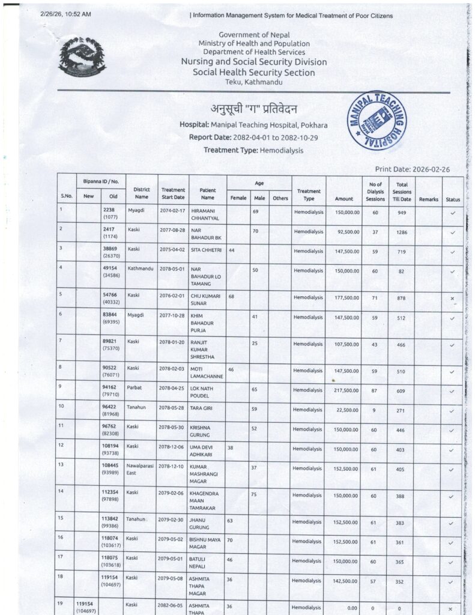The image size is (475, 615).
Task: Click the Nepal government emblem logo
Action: coord(82,56)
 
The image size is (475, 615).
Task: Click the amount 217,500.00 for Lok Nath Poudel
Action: coord(343,390)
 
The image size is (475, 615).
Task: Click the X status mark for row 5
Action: coord(452,298)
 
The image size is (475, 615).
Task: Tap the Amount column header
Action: coord(344,199)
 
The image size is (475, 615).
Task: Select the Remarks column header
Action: coord(429,199)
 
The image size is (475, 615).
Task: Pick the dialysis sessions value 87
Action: coord(374,390)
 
